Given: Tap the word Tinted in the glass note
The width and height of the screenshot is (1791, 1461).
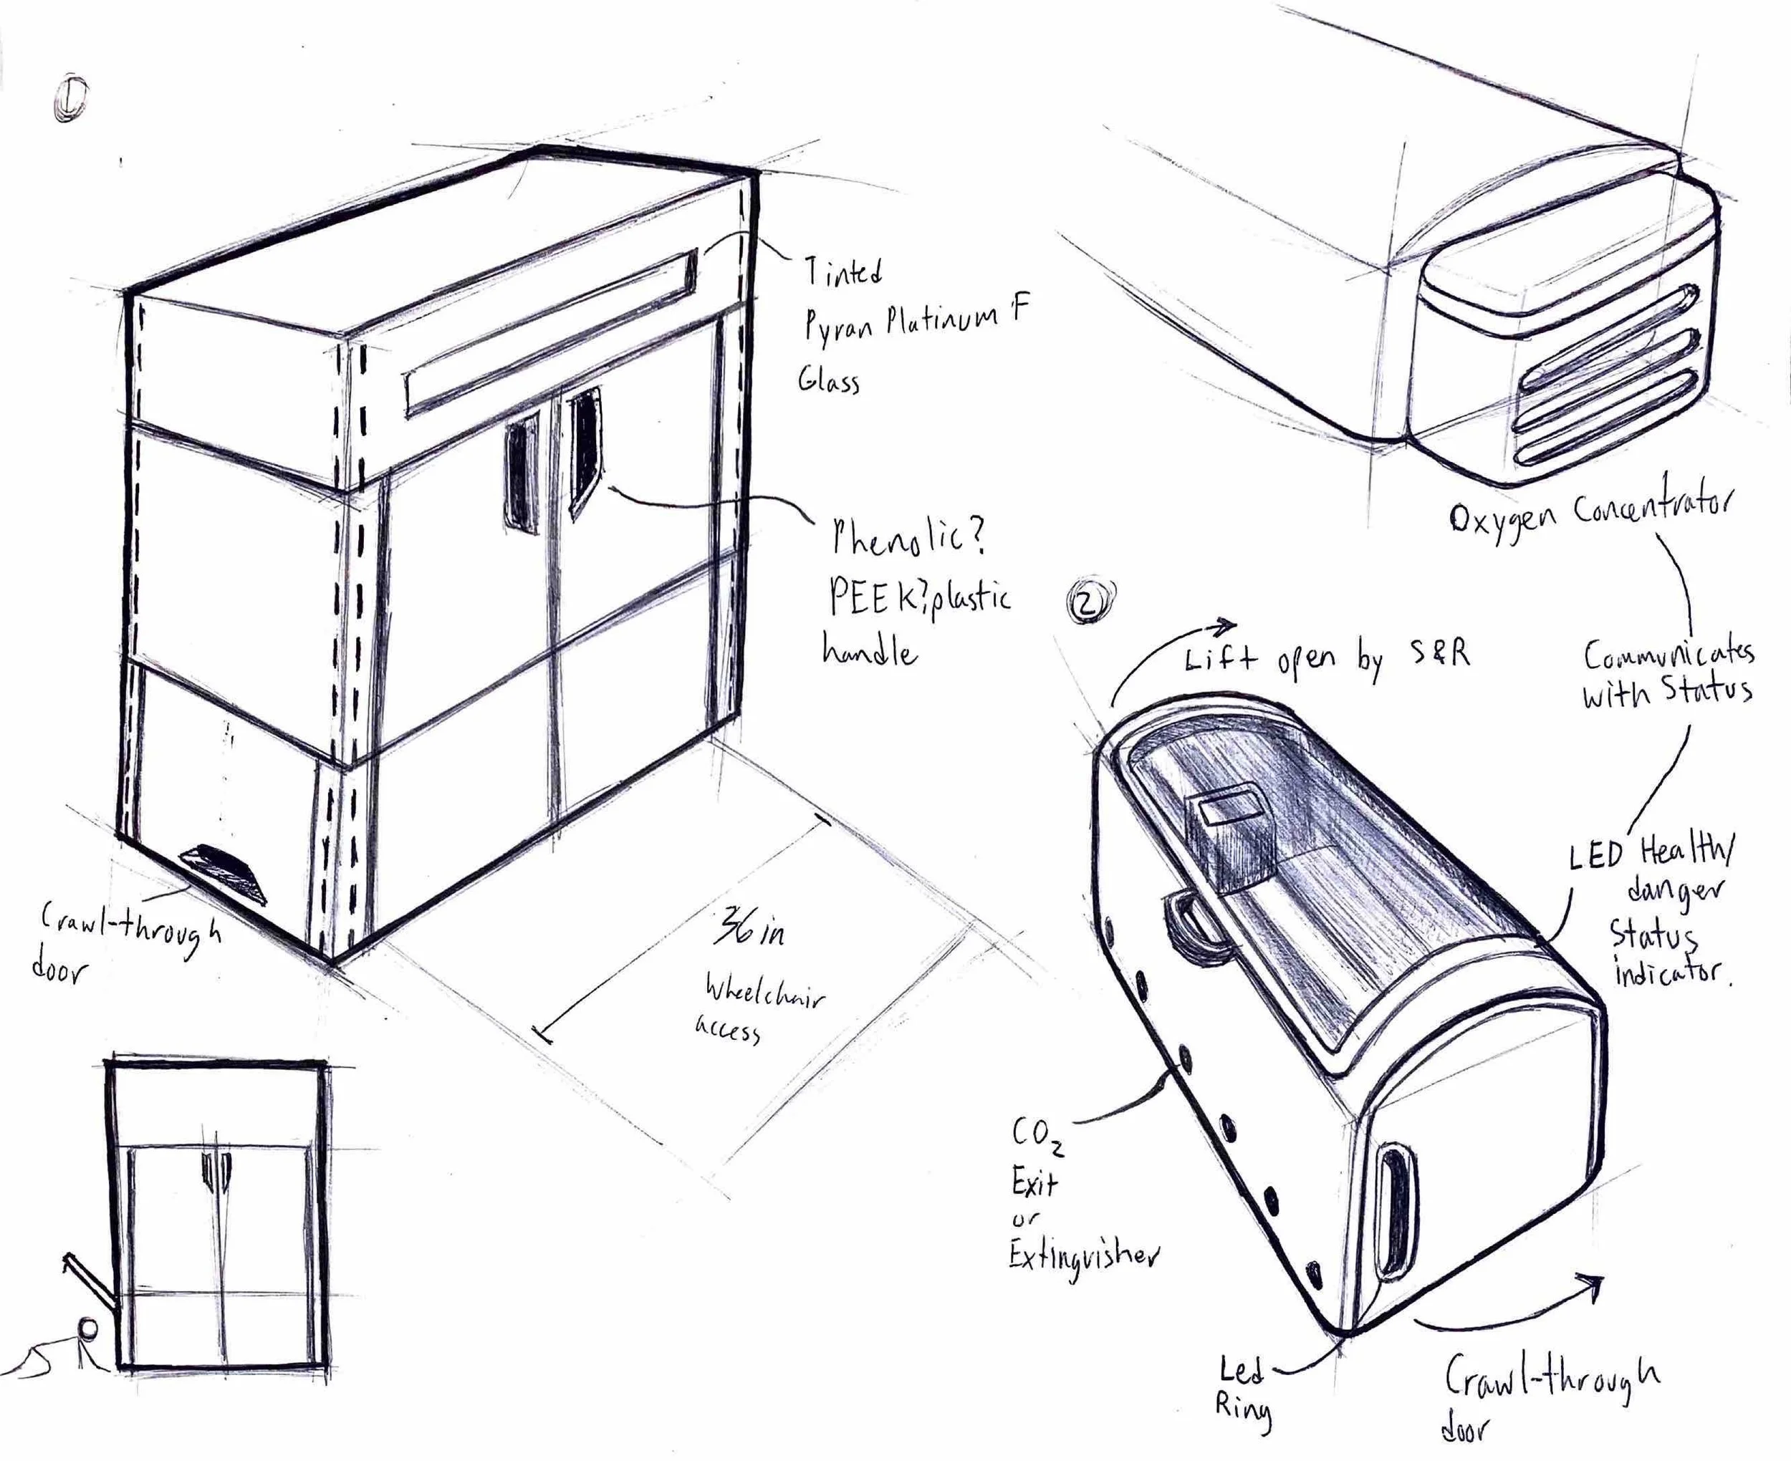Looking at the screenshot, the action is pos(842,272).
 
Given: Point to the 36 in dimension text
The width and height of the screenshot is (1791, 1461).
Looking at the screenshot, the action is pos(748,929).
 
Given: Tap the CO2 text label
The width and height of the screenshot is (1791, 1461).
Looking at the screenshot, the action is pos(1037,1138).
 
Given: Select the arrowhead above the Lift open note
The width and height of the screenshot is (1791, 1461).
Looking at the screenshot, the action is pos(1226,625).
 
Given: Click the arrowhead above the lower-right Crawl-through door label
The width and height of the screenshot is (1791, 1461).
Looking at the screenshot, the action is pos(1592,1285).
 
